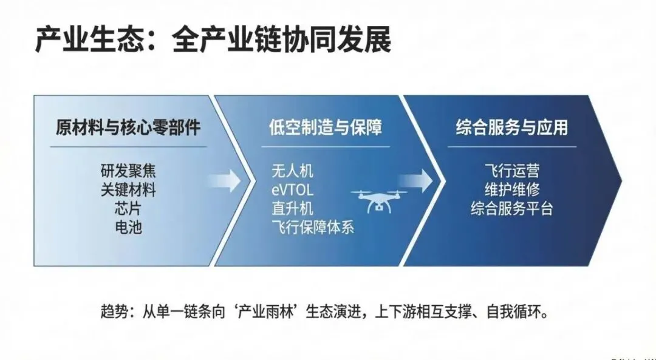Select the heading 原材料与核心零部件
(x=128, y=127)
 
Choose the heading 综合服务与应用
(x=512, y=127)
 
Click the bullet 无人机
(x=293, y=171)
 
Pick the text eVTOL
(x=293, y=189)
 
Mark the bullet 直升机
(x=293, y=208)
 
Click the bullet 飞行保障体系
(x=313, y=228)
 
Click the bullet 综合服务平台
(x=512, y=208)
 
